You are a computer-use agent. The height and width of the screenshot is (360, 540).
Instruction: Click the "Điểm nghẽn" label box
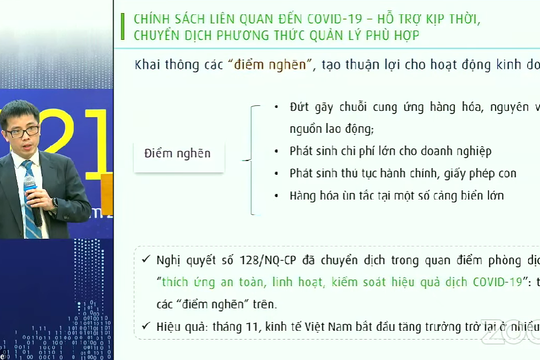click(177, 153)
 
